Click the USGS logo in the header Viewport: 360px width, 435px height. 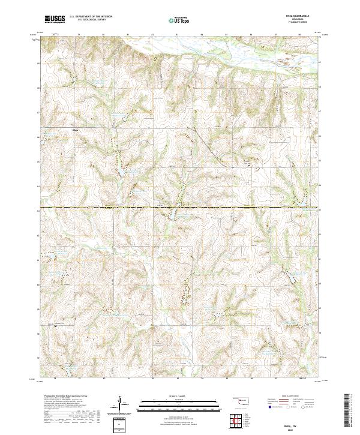[55, 19]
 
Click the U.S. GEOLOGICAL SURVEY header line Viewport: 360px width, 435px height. [86, 20]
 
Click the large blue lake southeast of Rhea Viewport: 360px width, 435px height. [122, 173]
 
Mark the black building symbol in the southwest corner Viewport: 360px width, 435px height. [56, 326]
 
